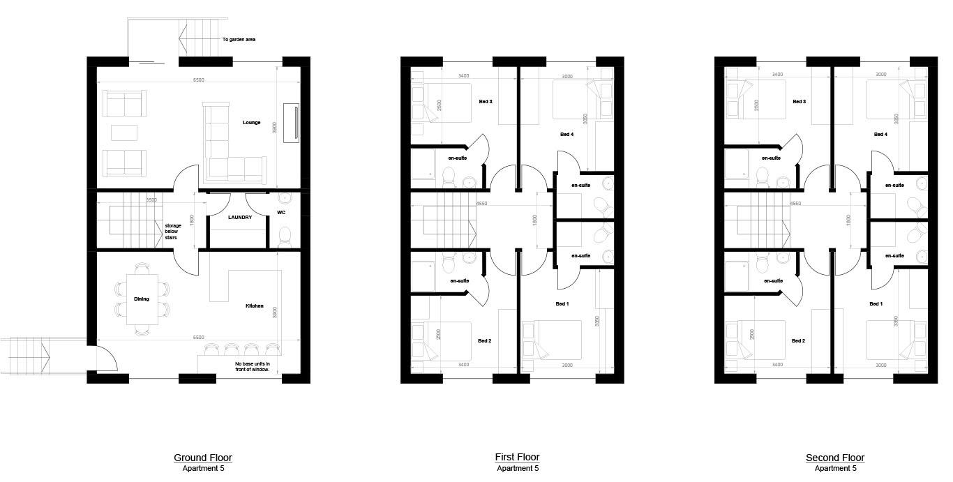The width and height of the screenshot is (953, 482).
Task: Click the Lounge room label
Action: [x=251, y=123]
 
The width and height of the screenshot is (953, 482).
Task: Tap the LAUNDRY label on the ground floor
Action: [x=239, y=218]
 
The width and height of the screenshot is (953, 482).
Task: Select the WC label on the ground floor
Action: [x=281, y=212]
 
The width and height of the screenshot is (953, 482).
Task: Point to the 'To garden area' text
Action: [x=239, y=40]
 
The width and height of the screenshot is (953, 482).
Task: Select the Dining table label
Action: [x=142, y=299]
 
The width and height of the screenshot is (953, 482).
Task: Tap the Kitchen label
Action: [x=254, y=306]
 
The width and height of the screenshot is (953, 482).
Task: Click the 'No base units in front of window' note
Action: [x=253, y=366]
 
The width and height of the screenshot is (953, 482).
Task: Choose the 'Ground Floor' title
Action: [x=203, y=458]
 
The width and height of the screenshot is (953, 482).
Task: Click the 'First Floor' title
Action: [x=517, y=458]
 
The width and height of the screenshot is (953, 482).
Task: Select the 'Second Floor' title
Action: [x=835, y=458]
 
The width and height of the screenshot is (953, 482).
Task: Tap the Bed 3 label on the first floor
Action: [x=486, y=102]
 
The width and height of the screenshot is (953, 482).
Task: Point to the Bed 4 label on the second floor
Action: [x=880, y=134]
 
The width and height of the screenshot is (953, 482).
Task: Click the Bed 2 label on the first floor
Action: [x=485, y=341]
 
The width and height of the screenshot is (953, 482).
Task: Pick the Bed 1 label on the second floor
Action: [x=876, y=304]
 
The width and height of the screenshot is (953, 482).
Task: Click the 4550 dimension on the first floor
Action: [x=481, y=204]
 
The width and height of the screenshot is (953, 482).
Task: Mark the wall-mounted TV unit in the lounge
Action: [x=292, y=123]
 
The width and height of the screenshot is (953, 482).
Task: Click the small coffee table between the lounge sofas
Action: [x=124, y=133]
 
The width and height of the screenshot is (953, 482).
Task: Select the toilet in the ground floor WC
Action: [x=284, y=236]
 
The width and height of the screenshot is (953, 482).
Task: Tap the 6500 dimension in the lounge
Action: [x=198, y=80]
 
